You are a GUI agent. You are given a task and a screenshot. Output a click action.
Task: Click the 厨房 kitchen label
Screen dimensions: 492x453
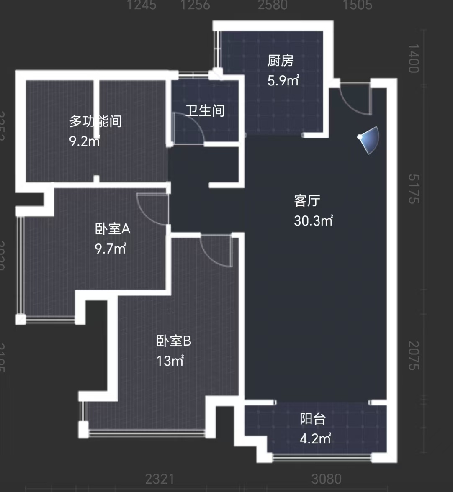[281, 61]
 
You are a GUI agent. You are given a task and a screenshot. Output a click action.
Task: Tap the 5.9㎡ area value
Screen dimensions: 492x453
[283, 80]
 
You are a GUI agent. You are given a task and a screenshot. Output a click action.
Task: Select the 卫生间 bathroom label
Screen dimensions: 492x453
[205, 111]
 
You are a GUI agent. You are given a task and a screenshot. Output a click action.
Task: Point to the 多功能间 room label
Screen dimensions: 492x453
[95, 122]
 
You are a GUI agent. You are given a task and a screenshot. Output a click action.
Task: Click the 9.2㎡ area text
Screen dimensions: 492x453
[85, 141]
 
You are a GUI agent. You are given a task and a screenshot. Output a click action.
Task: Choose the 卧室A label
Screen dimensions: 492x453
[113, 229]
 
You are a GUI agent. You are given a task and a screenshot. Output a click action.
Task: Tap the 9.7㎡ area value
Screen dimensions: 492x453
[111, 249]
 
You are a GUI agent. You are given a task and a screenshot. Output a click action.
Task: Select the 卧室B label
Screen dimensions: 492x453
[174, 341]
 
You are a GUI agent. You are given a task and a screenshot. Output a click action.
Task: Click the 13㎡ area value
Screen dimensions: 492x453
[170, 361]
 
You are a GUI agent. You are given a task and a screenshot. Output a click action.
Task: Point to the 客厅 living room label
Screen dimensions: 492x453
[307, 201]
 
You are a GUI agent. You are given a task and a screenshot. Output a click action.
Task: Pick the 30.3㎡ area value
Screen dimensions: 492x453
[313, 220]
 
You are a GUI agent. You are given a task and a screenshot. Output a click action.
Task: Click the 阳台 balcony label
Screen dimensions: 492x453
[313, 419]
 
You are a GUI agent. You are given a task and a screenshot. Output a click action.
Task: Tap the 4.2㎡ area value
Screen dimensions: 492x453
[315, 439]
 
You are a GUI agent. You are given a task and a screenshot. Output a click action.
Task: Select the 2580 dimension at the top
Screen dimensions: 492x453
[273, 5]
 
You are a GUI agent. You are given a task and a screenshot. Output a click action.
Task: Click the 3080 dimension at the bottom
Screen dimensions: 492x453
[327, 479]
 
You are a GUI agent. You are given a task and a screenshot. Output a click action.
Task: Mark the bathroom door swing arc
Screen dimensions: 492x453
[190, 130]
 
